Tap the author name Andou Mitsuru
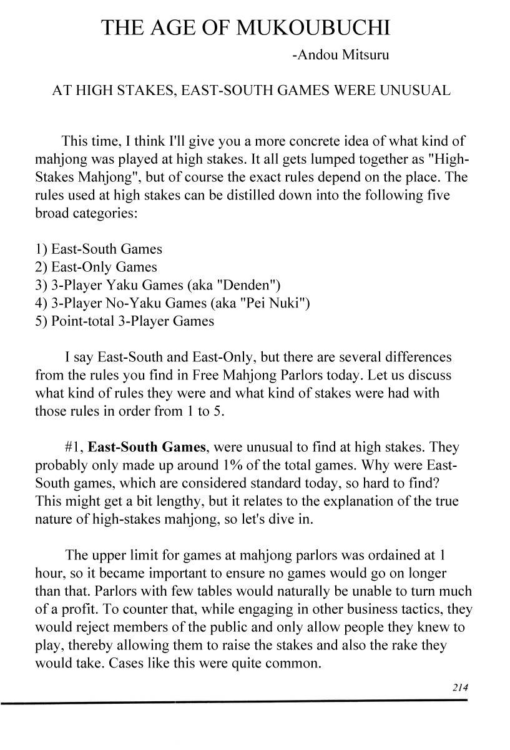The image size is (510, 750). point(340,55)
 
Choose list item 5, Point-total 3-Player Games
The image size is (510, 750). point(125,321)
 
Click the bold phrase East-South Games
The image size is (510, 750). point(147,447)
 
